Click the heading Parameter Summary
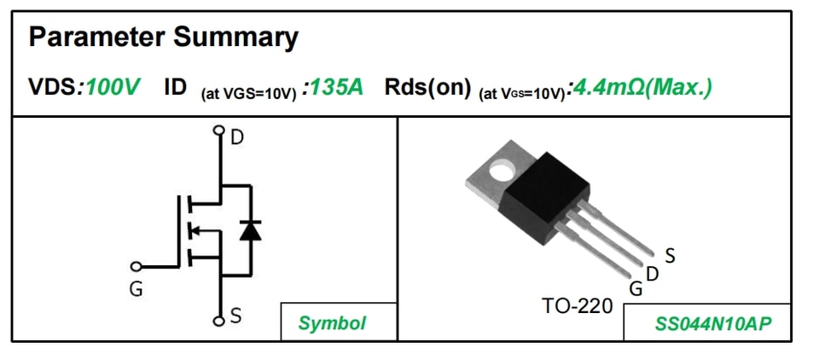[164, 38]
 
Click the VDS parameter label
[52, 88]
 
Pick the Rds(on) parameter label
[427, 88]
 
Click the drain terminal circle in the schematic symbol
[219, 130]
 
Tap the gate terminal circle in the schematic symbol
[136, 266]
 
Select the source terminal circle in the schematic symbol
[219, 321]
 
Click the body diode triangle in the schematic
[251, 230]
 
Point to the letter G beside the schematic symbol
[136, 289]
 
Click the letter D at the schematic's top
[237, 137]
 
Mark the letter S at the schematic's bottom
[236, 316]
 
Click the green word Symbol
[332, 323]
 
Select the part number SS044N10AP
[713, 324]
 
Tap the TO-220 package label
[578, 305]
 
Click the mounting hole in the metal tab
[502, 170]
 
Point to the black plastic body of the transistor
[543, 198]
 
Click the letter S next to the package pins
[671, 256]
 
